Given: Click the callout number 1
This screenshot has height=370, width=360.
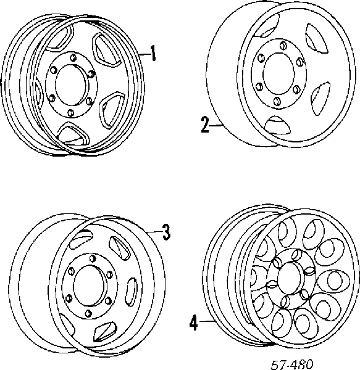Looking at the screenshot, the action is point(153,53).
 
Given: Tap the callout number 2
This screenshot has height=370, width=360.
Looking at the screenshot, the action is point(205,125).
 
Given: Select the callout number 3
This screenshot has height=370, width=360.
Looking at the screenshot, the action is point(167,232).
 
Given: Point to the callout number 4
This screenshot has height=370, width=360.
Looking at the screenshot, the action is point(193,323).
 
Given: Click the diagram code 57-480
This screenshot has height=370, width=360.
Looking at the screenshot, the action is point(291,364).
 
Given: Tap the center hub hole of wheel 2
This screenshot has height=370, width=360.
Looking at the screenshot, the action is point(279,72).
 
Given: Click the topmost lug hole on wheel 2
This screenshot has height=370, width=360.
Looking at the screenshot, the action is point(283,45).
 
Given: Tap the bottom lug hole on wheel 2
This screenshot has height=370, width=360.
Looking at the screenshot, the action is point(277,101).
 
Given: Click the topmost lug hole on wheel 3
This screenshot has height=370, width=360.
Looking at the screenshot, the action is point(93,258).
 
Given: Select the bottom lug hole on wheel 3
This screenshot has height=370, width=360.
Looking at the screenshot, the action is point(88,313).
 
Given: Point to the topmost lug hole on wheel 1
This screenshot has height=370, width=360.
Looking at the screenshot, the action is point(73,57).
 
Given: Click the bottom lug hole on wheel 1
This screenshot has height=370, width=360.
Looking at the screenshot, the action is point(70,113).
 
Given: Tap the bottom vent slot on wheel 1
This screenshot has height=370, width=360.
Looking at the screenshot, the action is point(73,134).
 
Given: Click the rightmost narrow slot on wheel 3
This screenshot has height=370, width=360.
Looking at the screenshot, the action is point(131,291).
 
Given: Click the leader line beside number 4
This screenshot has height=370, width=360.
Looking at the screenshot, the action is point(207,321).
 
